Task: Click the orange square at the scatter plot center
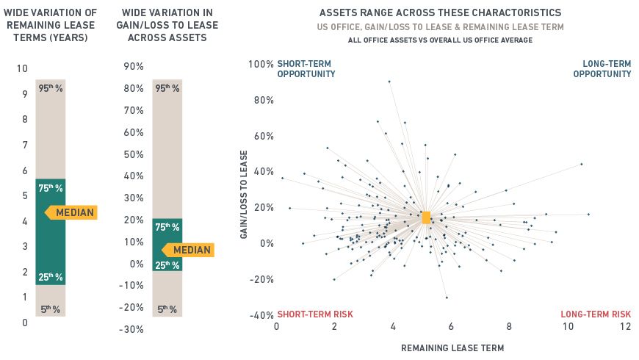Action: (426, 217)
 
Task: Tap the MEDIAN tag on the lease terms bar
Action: (72, 213)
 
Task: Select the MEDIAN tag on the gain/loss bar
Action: (189, 250)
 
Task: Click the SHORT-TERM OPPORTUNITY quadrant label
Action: (306, 69)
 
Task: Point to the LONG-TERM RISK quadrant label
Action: (596, 314)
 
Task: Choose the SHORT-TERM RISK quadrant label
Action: (314, 314)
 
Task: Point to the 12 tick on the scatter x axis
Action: (625, 327)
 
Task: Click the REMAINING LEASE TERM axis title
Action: (452, 347)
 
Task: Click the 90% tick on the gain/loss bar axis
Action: (134, 67)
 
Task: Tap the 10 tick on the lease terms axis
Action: (22, 69)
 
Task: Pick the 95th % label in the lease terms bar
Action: (51, 88)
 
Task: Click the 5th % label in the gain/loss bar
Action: (167, 309)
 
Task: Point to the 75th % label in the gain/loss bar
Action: (167, 228)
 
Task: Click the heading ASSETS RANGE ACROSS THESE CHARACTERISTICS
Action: (441, 13)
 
